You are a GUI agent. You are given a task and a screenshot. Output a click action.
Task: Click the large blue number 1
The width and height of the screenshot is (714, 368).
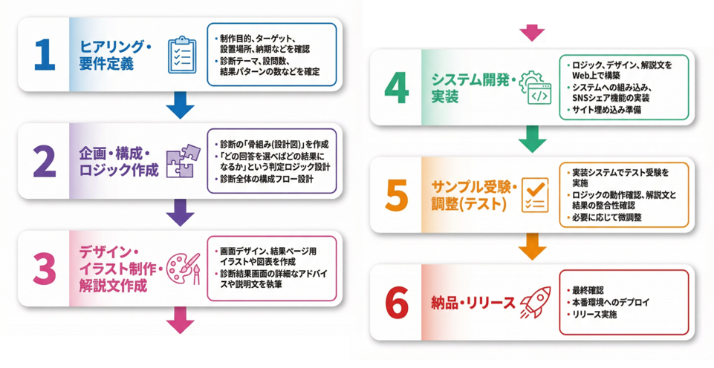44,55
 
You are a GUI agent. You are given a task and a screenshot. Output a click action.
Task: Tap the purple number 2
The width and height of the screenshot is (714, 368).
44,162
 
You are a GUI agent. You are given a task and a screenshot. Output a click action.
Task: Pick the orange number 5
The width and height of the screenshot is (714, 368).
397,195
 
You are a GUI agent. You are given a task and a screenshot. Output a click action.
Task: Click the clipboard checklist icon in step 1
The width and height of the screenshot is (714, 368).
181,54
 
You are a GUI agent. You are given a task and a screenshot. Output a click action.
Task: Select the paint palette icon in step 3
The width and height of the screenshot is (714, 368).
183,268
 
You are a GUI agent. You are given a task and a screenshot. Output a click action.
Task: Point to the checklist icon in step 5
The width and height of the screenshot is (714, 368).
535,195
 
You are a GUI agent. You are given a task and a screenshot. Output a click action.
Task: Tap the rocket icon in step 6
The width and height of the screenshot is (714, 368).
535,301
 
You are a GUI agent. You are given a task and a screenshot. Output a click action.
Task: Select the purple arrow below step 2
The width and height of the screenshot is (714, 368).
180,212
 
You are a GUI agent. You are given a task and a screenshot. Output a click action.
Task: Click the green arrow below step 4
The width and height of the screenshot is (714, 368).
532,138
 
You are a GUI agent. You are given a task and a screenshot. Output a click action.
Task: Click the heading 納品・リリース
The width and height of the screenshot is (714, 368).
473,303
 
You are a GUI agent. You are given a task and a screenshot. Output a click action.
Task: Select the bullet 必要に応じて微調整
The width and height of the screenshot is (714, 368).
606,217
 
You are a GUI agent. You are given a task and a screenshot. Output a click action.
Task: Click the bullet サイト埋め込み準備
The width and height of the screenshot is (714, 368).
606,110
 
